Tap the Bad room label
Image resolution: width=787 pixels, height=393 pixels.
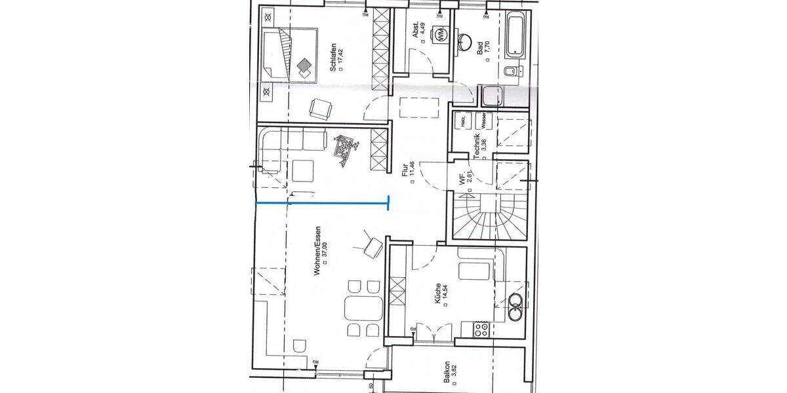click(x=480, y=47)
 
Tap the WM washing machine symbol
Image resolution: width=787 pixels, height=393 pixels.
click(x=440, y=33)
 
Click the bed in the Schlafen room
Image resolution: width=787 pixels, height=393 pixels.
click(x=289, y=54)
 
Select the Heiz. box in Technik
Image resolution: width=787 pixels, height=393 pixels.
click(x=463, y=121)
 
